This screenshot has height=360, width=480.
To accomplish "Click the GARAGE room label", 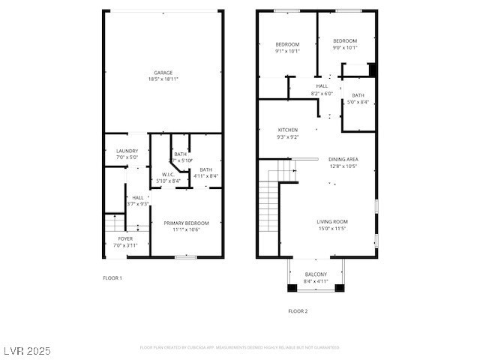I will tap(163, 73).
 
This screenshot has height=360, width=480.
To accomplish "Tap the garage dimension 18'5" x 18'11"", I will tap(163, 79).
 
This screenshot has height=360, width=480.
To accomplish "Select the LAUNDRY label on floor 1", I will tap(127, 151).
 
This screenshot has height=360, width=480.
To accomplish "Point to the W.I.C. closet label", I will tap(168, 175).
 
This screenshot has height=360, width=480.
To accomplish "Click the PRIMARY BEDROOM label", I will tap(186, 223).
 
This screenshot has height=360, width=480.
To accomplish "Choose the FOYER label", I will tap(125, 238).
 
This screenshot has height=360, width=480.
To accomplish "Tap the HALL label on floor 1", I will tap(138, 197).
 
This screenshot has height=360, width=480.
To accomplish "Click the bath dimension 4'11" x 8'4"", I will tap(205, 176).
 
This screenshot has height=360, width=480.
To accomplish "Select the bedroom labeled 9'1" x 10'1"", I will tap(287, 51).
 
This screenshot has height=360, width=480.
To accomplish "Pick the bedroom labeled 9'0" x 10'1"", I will tap(345, 47).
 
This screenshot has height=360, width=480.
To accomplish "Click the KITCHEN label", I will tap(288, 130).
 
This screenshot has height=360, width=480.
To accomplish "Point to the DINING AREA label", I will tap(343, 159).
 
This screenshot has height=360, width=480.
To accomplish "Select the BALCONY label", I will tap(316, 274).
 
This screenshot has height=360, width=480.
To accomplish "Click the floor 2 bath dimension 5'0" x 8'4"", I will tap(358, 102).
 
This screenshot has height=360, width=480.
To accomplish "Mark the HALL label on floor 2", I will tap(322, 86).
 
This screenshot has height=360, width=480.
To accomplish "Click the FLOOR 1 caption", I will tap(112, 278).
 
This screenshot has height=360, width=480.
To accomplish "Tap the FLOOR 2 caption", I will tap(298, 310).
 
